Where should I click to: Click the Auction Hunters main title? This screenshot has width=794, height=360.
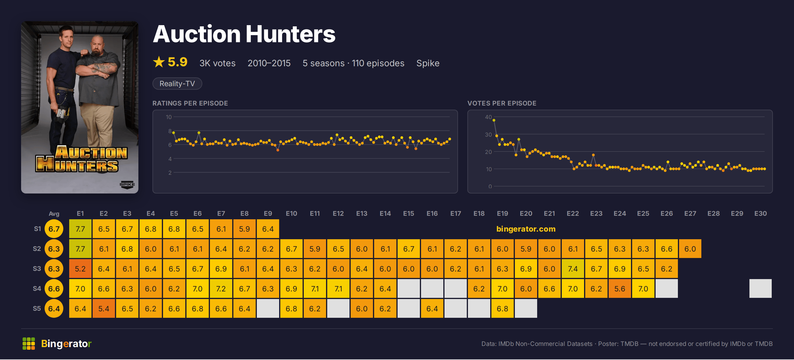(x=244, y=34)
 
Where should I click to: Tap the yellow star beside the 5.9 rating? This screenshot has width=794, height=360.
(x=159, y=62)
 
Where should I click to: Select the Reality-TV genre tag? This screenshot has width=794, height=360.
(x=177, y=84)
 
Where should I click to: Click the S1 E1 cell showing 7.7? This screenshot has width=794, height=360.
(x=80, y=229)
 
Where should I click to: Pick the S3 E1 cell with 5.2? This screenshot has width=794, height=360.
(x=80, y=269)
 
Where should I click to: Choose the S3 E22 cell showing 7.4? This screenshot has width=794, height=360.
(x=573, y=269)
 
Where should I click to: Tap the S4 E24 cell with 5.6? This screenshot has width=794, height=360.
(x=620, y=289)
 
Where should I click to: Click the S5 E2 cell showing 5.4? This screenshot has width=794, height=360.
(x=104, y=308)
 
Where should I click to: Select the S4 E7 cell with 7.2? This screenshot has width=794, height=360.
(x=221, y=289)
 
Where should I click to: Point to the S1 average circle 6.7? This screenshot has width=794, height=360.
(x=54, y=229)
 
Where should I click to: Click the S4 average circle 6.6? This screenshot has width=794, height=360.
(x=54, y=289)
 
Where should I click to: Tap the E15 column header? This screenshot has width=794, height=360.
(x=409, y=214)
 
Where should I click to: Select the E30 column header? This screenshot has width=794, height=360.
(x=760, y=214)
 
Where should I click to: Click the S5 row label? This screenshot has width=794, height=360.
(x=37, y=308)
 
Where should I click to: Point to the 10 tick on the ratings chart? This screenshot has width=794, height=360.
(x=169, y=117)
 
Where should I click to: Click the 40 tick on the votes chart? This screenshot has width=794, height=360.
(x=488, y=117)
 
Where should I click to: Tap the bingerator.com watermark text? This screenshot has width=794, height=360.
(x=526, y=229)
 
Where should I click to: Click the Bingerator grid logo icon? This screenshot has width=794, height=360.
(x=29, y=344)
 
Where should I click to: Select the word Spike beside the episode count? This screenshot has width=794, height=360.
(x=428, y=63)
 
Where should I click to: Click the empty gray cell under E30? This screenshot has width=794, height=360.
(x=760, y=289)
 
